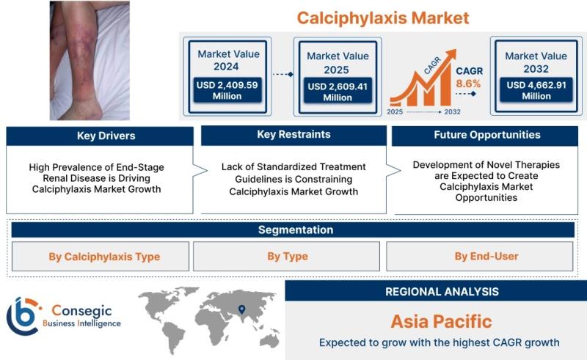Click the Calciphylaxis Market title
click(x=382, y=18)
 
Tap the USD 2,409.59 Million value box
click(x=227, y=90)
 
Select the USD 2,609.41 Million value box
click(x=338, y=91)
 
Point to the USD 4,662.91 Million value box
click(x=536, y=90)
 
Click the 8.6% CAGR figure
click(x=468, y=84)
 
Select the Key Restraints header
click(x=294, y=135)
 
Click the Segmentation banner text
click(x=296, y=229)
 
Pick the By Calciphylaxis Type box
click(x=101, y=257)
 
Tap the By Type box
click(x=286, y=257)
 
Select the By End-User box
click(x=480, y=257)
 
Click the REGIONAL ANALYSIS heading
click(x=442, y=292)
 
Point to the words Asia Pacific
click(x=441, y=322)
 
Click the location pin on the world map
click(x=242, y=309)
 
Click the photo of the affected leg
click(x=90, y=61)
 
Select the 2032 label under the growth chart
click(x=452, y=112)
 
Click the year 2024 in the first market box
click(x=226, y=67)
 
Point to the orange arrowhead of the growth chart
click(x=451, y=54)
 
